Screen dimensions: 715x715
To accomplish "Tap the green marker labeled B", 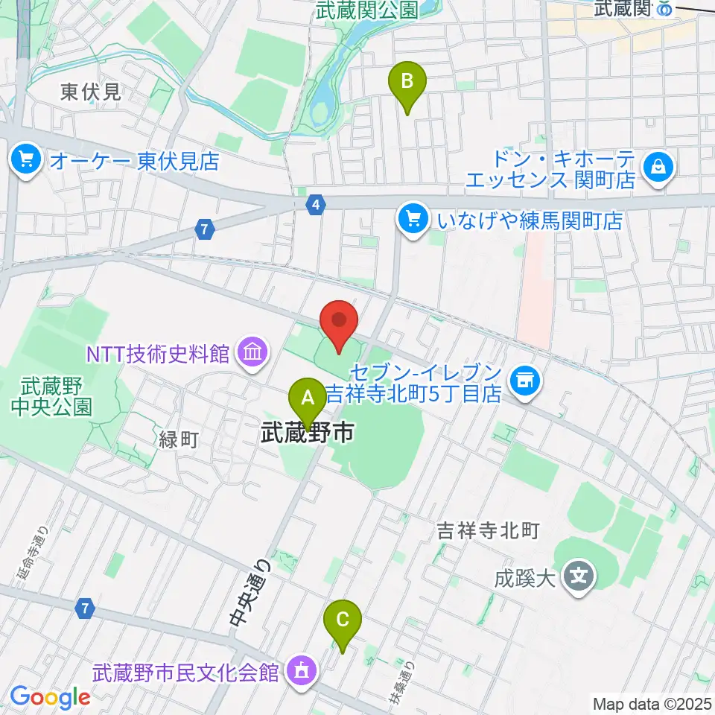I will coord(407,81).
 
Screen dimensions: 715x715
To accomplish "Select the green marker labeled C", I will coord(343,620).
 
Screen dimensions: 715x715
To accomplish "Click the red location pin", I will coord(339,322).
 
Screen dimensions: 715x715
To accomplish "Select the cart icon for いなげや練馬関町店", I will coord(412,220).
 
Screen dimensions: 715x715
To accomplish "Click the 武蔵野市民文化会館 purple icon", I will coord(302,671).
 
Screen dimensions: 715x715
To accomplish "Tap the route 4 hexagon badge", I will coord(317,204).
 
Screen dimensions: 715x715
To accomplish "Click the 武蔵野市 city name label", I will coord(307,434).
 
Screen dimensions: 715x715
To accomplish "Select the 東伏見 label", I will coord(90,92).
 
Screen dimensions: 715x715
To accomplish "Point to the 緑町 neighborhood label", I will coord(178,440).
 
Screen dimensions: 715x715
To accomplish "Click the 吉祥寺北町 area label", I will coord(487,531).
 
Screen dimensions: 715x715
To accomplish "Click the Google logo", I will coord(50,697).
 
